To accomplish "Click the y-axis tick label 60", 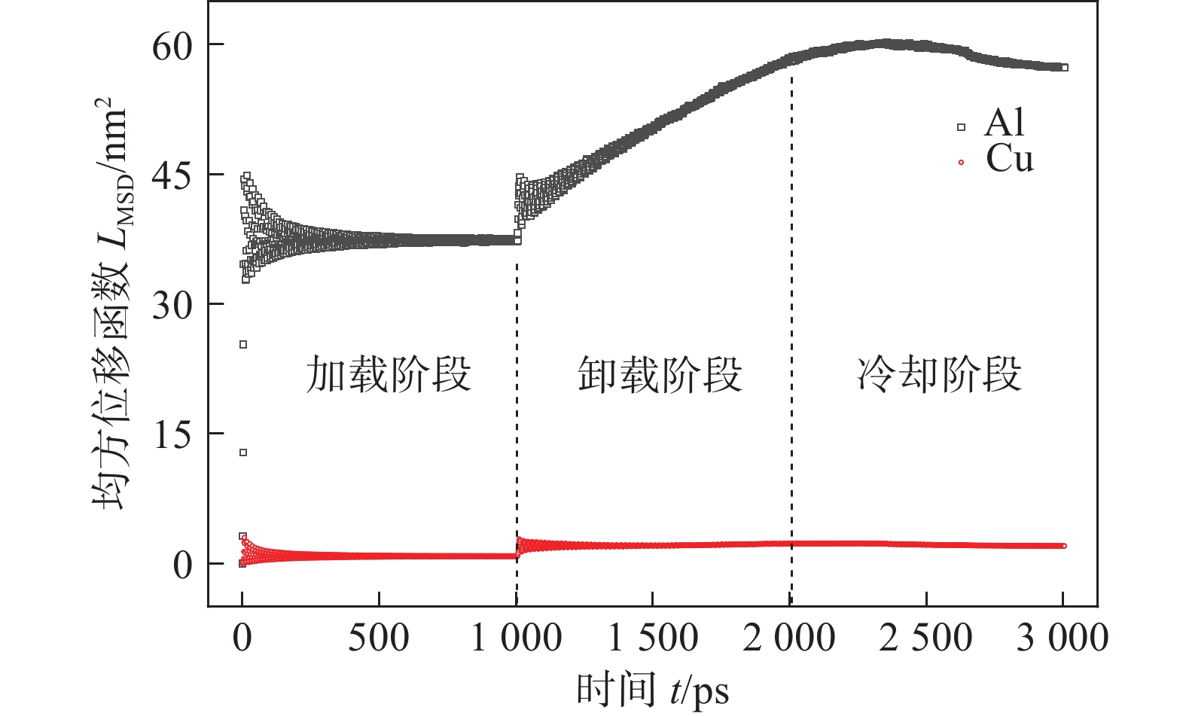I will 172,47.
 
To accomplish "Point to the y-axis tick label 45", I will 172,177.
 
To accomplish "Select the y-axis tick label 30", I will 172,306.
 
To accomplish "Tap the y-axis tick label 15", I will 172,436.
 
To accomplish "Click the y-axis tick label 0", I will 183,565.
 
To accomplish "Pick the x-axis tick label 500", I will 378,639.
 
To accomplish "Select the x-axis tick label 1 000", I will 517,639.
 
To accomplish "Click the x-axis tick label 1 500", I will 653,639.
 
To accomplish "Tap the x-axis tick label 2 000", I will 789,639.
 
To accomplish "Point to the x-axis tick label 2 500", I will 926,639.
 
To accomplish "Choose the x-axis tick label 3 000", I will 1063,639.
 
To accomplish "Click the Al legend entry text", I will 1005,123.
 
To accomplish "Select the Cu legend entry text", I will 1010,159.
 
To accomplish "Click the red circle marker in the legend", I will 961,163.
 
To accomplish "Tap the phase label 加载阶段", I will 389,374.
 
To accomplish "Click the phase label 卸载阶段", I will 660,374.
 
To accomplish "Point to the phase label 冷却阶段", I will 940,374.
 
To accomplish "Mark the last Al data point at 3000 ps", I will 1064,68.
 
